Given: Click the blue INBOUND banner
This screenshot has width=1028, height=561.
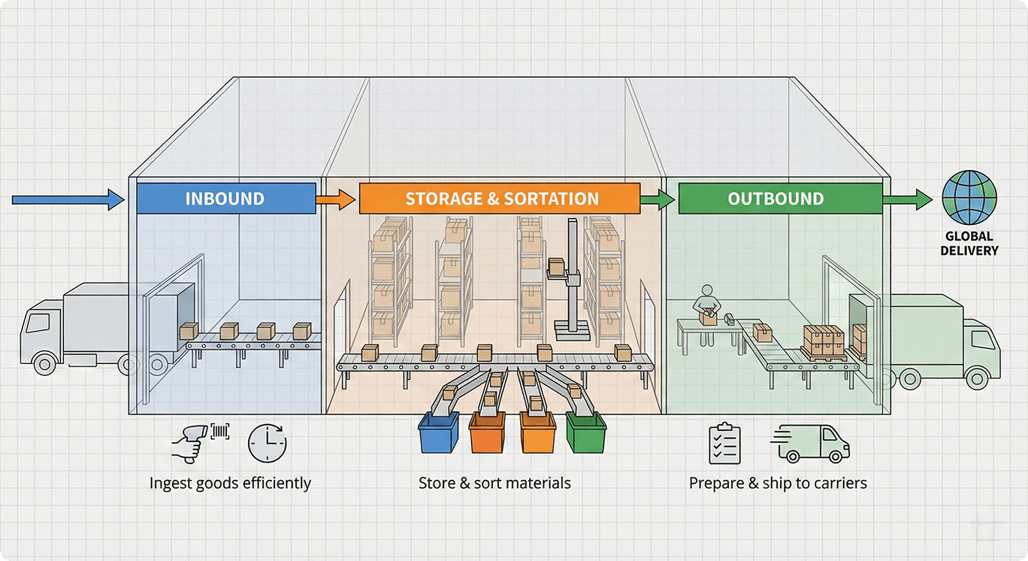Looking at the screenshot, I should pos(225,199).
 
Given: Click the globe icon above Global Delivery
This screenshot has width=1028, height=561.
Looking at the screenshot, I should pos(969,196).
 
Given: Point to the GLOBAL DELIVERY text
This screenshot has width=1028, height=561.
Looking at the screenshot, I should pos(969,243).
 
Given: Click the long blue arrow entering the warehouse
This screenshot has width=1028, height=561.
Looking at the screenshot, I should pos(68,199).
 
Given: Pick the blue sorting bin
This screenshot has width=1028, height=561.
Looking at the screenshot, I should pos(439,433).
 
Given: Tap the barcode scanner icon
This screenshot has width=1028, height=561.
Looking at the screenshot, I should pos(192,441).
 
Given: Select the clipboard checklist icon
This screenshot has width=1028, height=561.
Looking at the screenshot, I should pos(725,443).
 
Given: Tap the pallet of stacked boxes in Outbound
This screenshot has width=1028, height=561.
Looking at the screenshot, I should pos(824,342).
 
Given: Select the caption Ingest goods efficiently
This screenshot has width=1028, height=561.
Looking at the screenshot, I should pos(230,483).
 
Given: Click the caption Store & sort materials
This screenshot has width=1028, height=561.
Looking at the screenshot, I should pos(494,483).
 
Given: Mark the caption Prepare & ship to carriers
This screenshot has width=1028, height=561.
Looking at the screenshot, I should pos(778,483).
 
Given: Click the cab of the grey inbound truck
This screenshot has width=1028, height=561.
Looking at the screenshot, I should pos(42,335).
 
